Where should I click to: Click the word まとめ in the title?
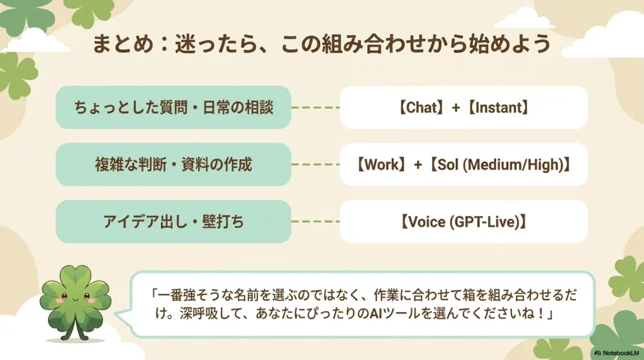pyautogui.click(x=123, y=44)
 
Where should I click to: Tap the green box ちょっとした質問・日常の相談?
pyautogui.click(x=174, y=107)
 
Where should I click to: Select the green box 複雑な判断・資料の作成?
pyautogui.click(x=174, y=164)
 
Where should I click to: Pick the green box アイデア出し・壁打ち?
pyautogui.click(x=174, y=222)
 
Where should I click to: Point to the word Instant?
pyautogui.click(x=498, y=108)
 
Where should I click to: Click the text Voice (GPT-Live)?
pyautogui.click(x=464, y=222)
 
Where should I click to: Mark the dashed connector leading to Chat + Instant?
pyautogui.click(x=316, y=108)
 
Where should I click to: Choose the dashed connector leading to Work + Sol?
pyautogui.click(x=316, y=164)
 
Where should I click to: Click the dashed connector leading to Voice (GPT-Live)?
pyautogui.click(x=316, y=222)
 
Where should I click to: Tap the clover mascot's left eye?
pyautogui.click(x=65, y=296)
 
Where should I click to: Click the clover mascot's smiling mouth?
pyautogui.click(x=75, y=300)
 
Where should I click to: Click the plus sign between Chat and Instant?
pyautogui.click(x=456, y=108)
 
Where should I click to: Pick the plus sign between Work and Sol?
pyautogui.click(x=418, y=165)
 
